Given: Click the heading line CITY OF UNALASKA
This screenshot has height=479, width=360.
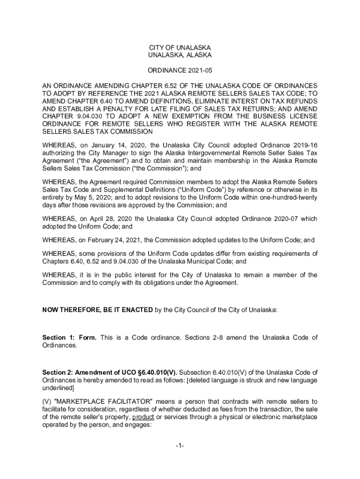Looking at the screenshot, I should click(x=180, y=48).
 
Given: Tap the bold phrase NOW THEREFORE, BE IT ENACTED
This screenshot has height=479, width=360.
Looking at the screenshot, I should click(x=97, y=310).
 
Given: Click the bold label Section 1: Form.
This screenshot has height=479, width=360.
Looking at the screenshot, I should click(x=70, y=337).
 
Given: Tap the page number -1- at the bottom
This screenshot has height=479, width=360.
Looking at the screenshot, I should click(x=180, y=446).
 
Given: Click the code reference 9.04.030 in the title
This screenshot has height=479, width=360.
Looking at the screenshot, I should click(x=86, y=116).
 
